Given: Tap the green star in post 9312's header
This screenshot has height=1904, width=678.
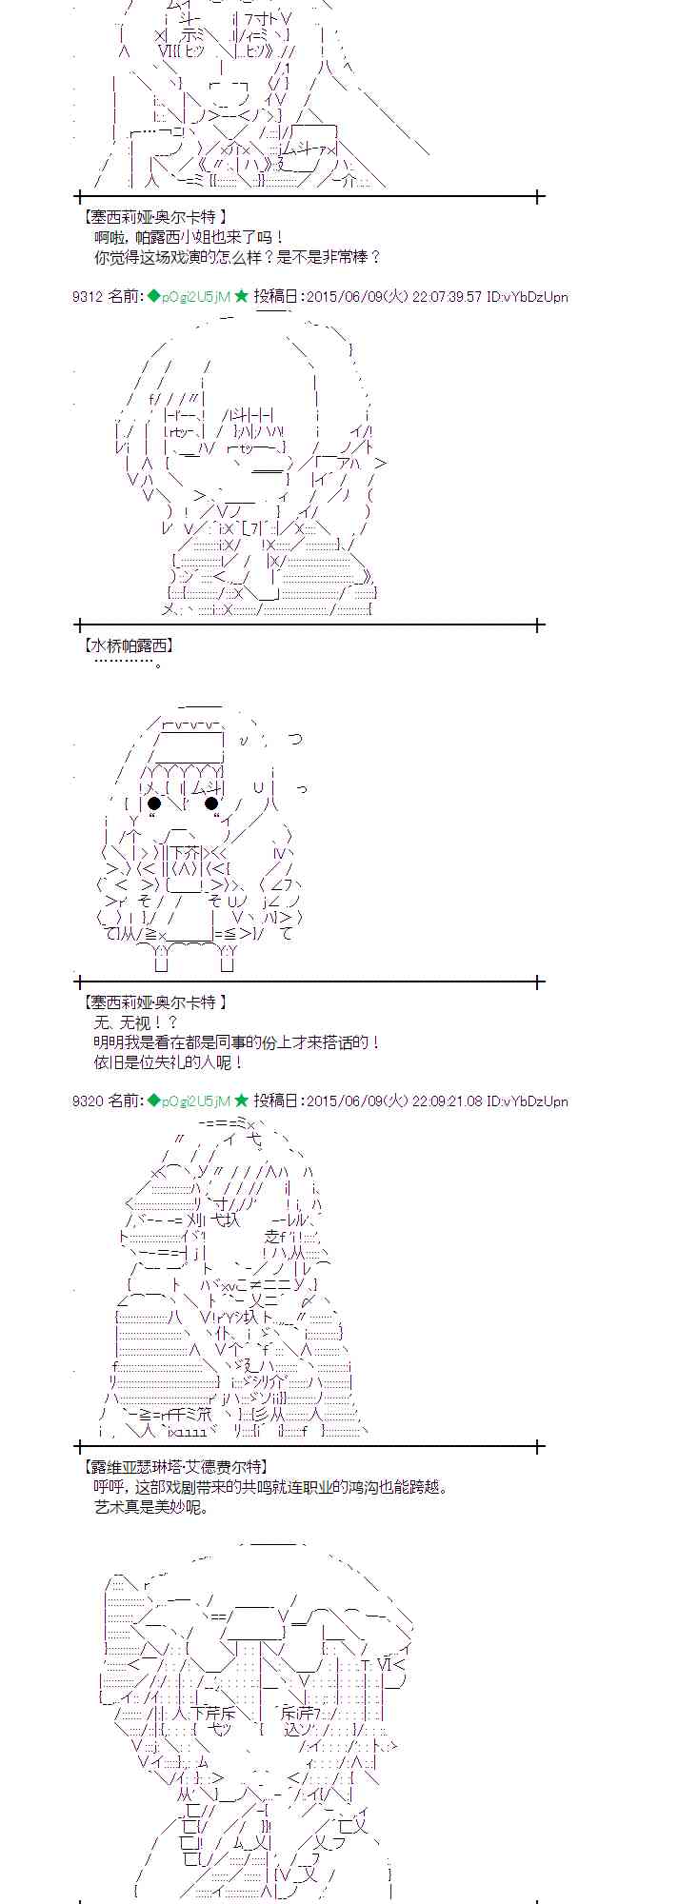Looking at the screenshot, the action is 241,296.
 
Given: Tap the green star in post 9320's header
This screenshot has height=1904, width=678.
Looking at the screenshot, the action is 241,1101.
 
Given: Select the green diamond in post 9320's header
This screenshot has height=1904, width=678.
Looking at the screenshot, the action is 153,1101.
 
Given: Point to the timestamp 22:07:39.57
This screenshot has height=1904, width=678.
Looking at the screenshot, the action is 447,297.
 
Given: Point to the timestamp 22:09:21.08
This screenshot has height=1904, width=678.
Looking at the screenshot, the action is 447,1101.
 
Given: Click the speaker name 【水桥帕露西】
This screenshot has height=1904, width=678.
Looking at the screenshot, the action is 129,645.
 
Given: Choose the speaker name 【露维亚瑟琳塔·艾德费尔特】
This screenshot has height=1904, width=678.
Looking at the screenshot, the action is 175,1467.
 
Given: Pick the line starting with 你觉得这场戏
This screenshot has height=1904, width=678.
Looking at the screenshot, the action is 237,256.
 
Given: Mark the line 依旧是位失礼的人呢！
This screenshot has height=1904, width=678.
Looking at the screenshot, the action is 169,1061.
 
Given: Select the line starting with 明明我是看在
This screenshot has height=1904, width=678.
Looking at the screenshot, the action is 237,1042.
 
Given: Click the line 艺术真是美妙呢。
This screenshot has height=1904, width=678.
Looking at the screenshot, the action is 150,1507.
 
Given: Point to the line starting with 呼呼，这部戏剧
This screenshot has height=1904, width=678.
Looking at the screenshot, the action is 269,1487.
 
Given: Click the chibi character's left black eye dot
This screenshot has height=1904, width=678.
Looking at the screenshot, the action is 154,803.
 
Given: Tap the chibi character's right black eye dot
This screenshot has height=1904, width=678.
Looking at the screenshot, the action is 211,803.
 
